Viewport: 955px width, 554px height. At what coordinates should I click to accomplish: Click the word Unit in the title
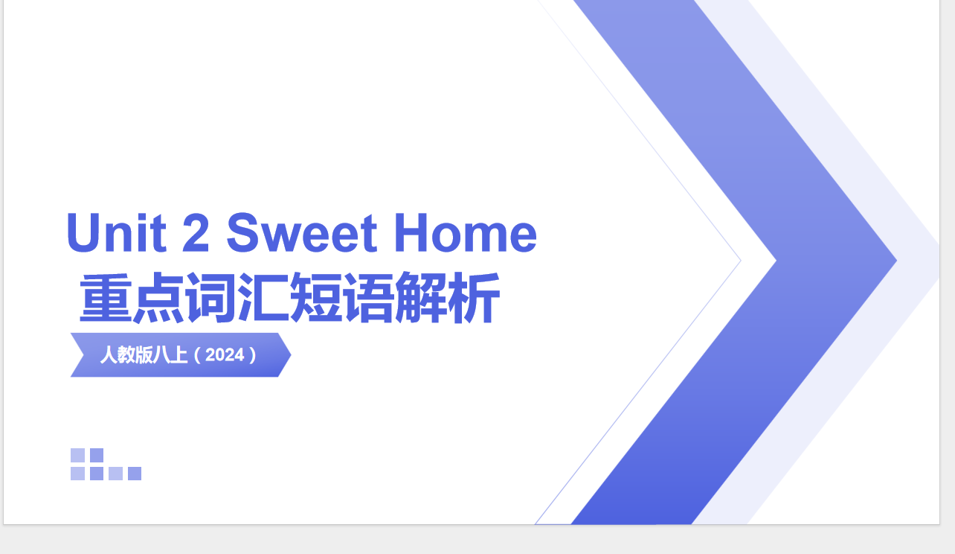pos(116,232)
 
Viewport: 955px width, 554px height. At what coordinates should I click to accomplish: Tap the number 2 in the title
pos(196,232)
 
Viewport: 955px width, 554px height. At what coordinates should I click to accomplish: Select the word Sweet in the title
pos(302,232)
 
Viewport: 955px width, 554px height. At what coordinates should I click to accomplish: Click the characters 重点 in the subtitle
pos(132,299)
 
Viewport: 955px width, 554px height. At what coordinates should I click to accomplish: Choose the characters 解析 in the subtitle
pos(447,299)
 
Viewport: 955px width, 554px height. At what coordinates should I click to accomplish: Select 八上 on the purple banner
pos(171,355)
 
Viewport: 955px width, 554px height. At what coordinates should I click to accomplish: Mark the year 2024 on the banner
pos(225,355)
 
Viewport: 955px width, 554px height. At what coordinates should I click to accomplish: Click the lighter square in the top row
pos(78,455)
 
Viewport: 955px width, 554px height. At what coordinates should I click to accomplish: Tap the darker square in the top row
pos(97,455)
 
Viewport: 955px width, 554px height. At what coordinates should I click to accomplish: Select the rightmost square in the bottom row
pos(135,474)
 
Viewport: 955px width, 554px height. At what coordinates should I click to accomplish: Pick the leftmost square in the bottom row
pos(78,474)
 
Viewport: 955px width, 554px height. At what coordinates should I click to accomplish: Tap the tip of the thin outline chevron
pos(739,261)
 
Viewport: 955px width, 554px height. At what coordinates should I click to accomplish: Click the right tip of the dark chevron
pos(895,261)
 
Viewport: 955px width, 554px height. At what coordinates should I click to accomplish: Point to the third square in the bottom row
pos(115,474)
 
